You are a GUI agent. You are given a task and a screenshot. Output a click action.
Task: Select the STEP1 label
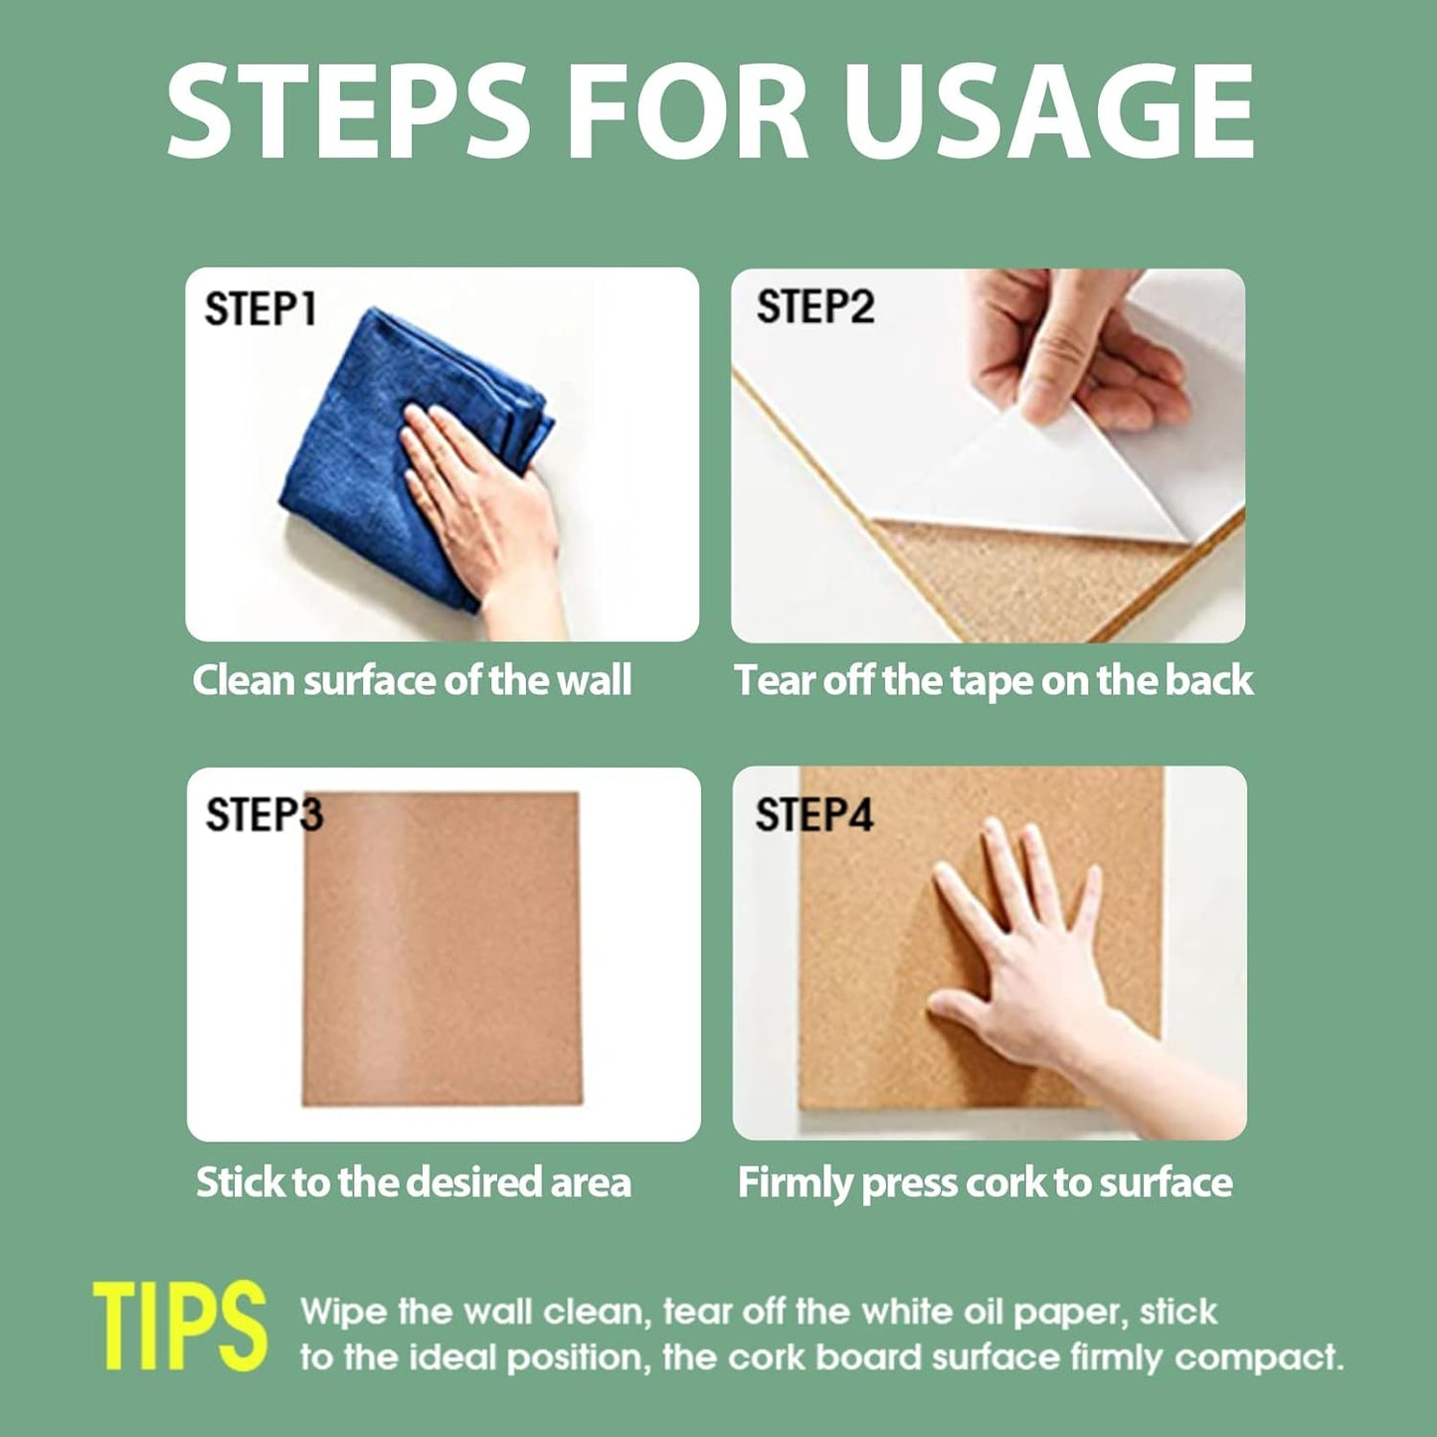coord(260,309)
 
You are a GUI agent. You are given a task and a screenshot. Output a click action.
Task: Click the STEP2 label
coord(814,306)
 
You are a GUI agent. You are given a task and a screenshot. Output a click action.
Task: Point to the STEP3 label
coord(264,814)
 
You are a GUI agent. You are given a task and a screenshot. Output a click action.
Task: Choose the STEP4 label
coord(813,814)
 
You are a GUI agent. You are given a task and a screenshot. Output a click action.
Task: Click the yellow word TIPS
coord(180,1327)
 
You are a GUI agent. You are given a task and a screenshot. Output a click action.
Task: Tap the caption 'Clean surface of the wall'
coord(412,681)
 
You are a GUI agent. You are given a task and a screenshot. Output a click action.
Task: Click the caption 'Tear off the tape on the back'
coord(992,681)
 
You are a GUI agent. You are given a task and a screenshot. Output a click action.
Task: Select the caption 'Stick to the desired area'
coord(413,1182)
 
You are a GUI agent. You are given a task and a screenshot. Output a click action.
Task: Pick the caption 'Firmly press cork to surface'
coord(985,1182)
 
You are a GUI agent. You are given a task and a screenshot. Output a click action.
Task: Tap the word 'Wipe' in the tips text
coord(343,1312)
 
